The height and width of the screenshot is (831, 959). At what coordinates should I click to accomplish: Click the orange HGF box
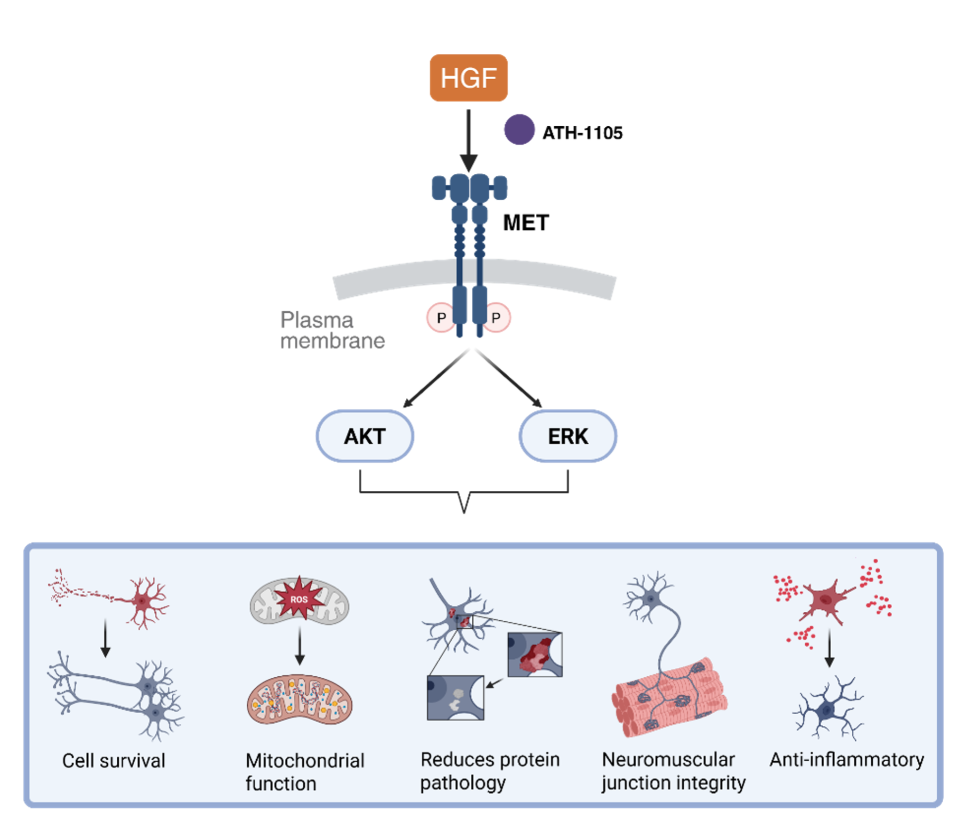coord(469,78)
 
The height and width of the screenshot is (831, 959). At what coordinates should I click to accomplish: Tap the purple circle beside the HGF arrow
coord(519,129)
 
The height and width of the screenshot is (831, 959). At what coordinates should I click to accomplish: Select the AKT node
coord(365,436)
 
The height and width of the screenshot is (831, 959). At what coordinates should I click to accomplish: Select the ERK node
coord(568,436)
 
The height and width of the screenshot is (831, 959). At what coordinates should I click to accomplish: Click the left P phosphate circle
coord(440,318)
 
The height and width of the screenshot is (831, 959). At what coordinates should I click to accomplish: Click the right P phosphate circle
coord(497,318)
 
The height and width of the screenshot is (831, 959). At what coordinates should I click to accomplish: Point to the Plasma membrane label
coord(332,331)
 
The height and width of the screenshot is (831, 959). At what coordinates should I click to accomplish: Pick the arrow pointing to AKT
coord(436,379)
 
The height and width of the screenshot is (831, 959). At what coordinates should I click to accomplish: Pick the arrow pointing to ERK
coord(508,379)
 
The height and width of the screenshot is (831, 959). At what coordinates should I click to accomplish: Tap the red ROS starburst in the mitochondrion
coord(299,599)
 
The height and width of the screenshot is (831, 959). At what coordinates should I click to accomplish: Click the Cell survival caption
coord(114,761)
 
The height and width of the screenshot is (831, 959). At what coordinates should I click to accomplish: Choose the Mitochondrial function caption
coord(305,772)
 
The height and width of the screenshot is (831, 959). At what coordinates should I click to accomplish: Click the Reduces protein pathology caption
coord(490,771)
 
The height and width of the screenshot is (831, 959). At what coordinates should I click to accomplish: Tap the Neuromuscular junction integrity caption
coord(673,771)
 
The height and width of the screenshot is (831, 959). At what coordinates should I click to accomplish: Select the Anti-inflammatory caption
coord(846,760)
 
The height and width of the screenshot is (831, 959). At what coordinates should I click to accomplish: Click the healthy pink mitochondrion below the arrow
coord(299,700)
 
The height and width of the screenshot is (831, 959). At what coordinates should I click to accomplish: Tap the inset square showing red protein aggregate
coord(535,655)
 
